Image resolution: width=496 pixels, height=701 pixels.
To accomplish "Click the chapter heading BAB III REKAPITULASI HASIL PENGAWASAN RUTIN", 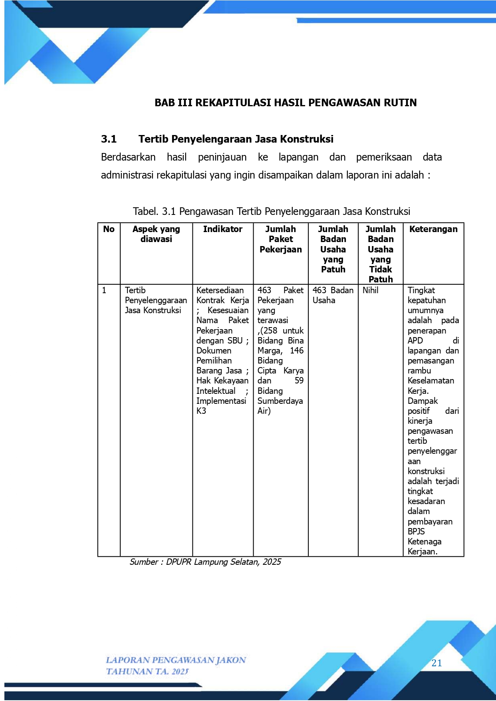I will tap(286, 103).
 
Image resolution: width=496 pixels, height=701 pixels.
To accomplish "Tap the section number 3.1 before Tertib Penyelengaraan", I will tap(109, 139).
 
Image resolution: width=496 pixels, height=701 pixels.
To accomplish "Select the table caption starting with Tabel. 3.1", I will tap(272, 211).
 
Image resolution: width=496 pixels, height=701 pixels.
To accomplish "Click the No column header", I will tap(109, 229).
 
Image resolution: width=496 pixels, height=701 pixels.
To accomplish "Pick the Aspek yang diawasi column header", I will tap(156, 234).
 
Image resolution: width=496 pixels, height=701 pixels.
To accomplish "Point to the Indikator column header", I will tap(222, 229).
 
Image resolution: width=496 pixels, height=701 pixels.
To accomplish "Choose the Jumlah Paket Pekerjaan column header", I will tap(281, 239).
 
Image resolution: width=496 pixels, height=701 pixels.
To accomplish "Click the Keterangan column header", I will tap(433, 229).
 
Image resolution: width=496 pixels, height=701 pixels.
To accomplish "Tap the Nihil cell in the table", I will tap(370, 290).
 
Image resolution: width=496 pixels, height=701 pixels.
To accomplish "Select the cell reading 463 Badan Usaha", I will tap(333, 295).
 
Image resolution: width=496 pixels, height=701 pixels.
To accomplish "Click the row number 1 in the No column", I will tap(104, 290).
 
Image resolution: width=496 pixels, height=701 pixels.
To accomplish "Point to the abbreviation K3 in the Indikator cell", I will tap(201, 411).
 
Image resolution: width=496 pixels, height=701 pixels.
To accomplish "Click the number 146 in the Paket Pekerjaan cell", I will tap(297, 351).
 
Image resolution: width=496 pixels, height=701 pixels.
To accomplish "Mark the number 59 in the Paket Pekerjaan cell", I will tap(299, 381).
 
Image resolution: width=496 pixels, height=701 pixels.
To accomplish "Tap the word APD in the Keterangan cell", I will tap(415, 341).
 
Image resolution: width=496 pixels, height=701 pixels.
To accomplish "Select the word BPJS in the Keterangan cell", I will tap(416, 532).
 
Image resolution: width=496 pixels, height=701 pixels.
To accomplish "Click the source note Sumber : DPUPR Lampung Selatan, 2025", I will tap(205, 562).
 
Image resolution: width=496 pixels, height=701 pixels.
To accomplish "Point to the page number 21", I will tap(436, 663).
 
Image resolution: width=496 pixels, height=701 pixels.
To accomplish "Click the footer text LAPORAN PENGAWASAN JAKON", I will tap(176, 660).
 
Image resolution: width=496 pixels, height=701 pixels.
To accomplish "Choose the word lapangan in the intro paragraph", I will tap(298, 157).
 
